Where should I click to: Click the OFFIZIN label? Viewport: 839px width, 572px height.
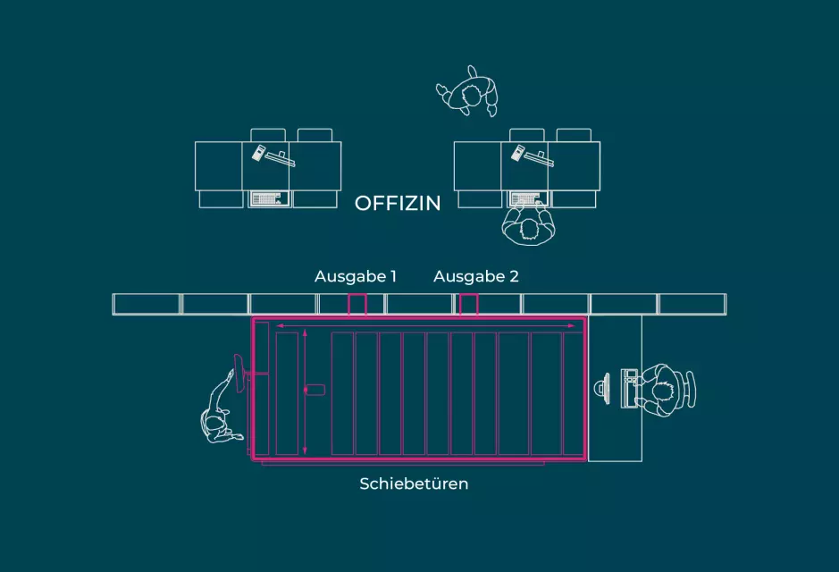(x=398, y=204)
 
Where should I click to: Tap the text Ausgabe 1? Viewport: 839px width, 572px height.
(x=355, y=277)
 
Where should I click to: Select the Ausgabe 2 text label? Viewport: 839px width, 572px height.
(x=475, y=277)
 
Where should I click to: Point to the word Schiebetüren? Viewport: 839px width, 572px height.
(x=414, y=484)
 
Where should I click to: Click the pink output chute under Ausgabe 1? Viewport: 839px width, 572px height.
(x=357, y=305)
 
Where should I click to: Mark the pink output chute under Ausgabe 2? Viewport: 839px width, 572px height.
(x=468, y=305)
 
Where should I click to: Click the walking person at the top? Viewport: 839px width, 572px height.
(x=469, y=92)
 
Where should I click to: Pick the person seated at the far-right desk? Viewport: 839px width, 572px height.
(x=663, y=390)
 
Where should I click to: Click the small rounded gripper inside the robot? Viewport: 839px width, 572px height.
(x=315, y=390)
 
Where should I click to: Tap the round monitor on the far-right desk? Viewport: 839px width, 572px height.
(x=600, y=388)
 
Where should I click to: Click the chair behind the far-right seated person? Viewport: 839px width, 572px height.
(x=691, y=390)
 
